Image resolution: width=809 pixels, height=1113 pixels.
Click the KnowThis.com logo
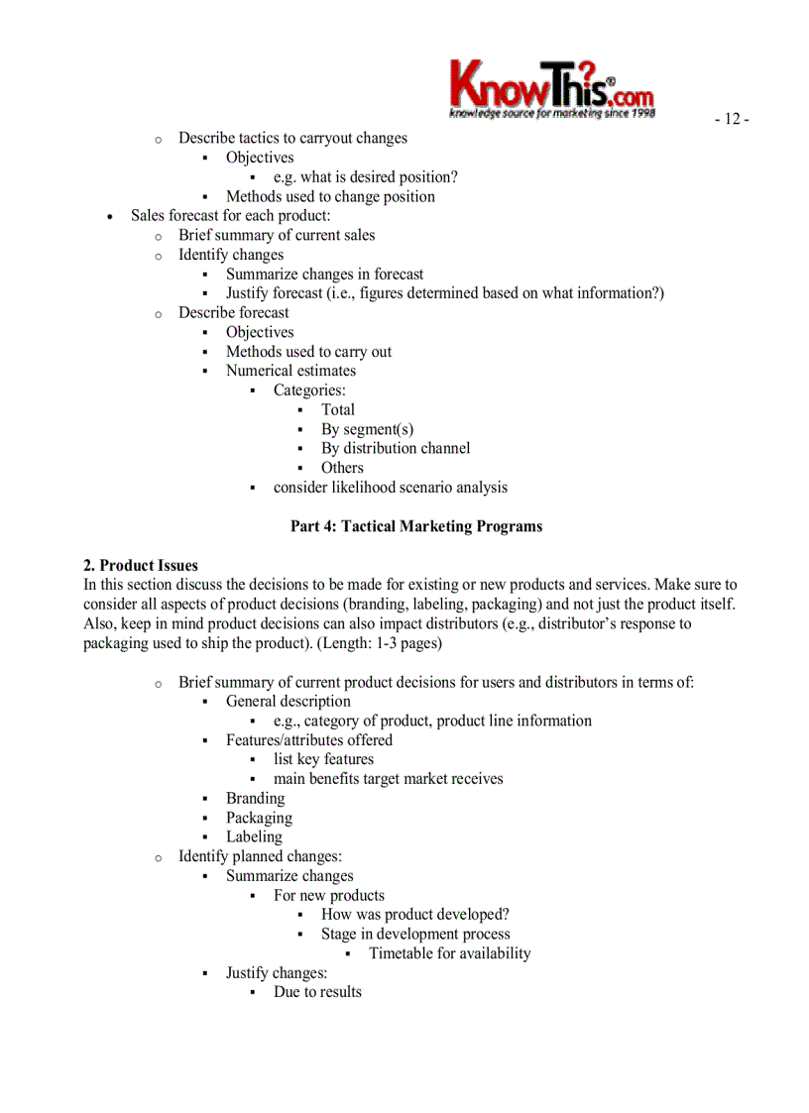pos(551,87)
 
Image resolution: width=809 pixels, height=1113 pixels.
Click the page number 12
pos(732,120)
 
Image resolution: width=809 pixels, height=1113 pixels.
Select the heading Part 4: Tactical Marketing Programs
pos(416,526)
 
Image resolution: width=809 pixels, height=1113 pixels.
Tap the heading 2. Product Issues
pos(141,566)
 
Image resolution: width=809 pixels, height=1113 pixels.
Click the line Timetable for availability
pos(449,953)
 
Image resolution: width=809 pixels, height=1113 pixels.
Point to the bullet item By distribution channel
pos(395,448)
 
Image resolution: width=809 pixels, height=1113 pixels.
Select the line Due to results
pos(317,992)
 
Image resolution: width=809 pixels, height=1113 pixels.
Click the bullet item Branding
pos(255,798)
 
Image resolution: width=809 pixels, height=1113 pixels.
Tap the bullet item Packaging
pos(259,818)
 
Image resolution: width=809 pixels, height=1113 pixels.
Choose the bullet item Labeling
pos(254,836)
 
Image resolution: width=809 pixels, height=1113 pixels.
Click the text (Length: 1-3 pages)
pos(379,643)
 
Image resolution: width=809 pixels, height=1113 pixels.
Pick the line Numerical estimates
pos(290,371)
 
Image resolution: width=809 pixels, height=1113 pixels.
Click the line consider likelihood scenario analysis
pos(390,487)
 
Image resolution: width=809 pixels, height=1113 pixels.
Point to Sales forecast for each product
pos(230,215)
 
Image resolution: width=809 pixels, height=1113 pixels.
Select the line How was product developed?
pos(414,914)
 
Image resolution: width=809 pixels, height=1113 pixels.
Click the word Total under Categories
pos(337,409)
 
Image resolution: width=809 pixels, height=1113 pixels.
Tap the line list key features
pos(323,759)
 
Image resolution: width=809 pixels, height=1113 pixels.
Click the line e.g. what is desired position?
pos(365,177)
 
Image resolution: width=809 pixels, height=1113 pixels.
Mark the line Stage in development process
pos(415,934)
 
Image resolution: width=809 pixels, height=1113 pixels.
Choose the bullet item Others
pos(342,468)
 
